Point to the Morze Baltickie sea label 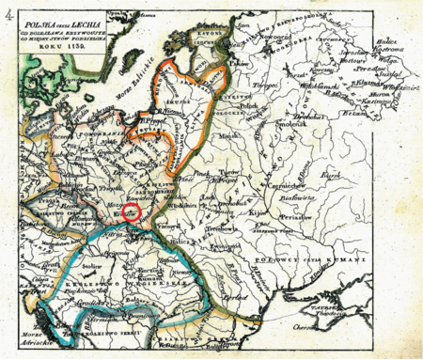tap(111, 84)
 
